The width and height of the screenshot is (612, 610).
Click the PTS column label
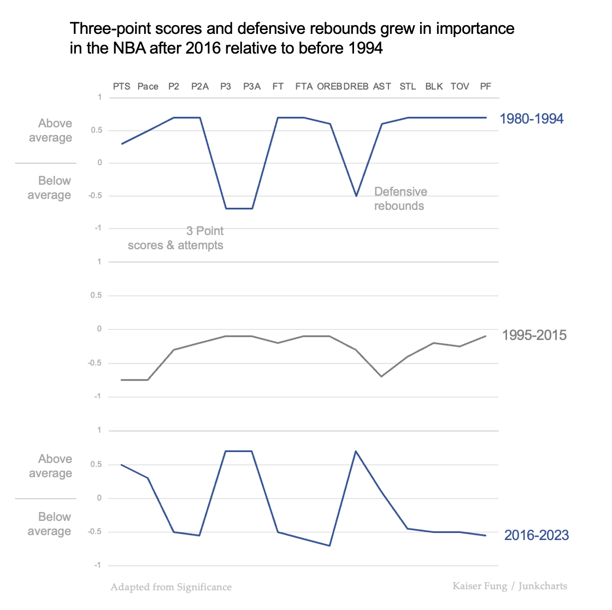[x=121, y=86]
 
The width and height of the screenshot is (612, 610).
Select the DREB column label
[x=356, y=86]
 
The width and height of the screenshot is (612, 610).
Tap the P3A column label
[x=252, y=86]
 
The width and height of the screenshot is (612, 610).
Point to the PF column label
[x=485, y=86]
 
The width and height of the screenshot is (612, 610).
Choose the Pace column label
[x=148, y=86]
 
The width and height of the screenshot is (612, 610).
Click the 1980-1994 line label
[x=531, y=119]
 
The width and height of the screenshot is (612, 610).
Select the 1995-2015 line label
[x=534, y=335]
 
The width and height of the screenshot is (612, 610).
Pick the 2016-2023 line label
[x=536, y=535]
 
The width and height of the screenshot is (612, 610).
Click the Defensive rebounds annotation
[x=400, y=198]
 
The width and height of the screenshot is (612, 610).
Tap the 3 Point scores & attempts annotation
[x=176, y=238]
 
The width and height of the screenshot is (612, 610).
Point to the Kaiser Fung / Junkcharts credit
[x=509, y=586]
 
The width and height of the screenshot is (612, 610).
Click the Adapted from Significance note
[x=171, y=587]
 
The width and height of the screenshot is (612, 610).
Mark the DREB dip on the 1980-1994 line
[x=356, y=196]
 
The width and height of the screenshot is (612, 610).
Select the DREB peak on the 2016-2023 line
[x=356, y=451]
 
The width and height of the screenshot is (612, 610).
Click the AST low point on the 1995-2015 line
[x=381, y=376]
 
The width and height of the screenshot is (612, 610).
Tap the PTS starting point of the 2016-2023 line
[x=121, y=465]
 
